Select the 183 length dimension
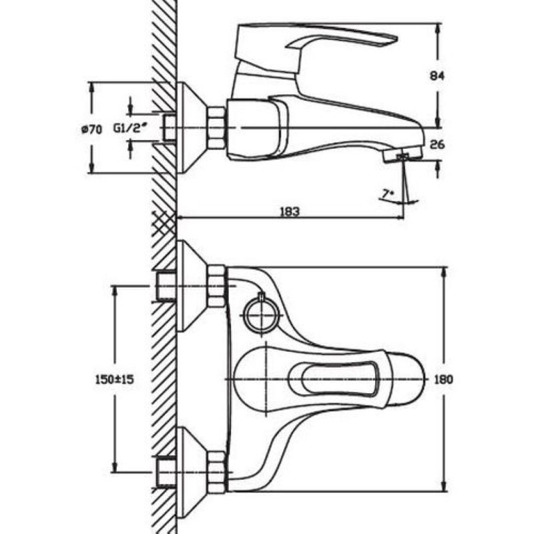290,211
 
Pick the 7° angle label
386,194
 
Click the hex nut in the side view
216,127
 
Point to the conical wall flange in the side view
192,127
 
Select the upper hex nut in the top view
216,286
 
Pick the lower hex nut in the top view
216,471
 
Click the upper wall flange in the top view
191,286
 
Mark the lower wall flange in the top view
191,471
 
